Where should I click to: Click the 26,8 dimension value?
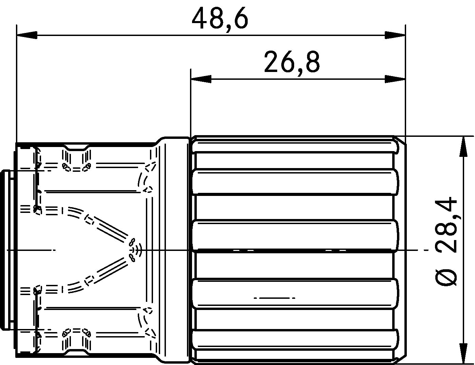tap(292, 62)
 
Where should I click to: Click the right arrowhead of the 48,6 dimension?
tap(395, 35)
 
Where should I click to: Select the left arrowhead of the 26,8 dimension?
tap(201, 79)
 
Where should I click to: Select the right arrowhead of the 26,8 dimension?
tap(395, 79)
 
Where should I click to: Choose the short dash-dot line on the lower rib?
tap(274, 298)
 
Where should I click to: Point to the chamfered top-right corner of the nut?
tap(400, 141)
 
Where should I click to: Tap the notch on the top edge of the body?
tap(77, 148)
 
